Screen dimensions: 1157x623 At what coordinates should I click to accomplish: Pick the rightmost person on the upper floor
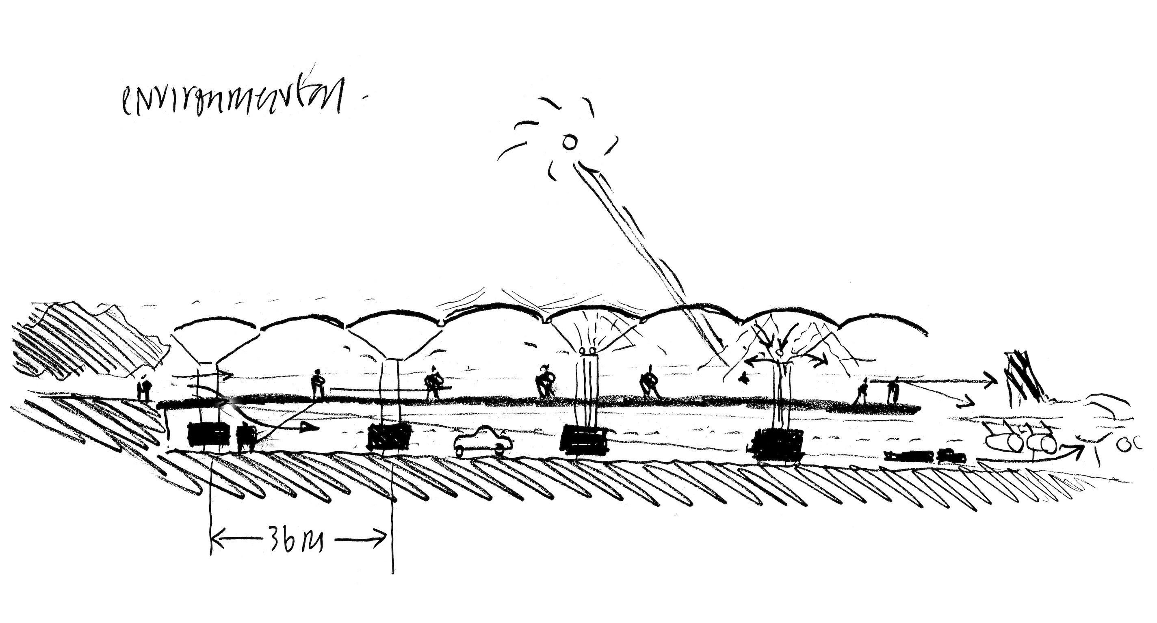pyautogui.click(x=893, y=390)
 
